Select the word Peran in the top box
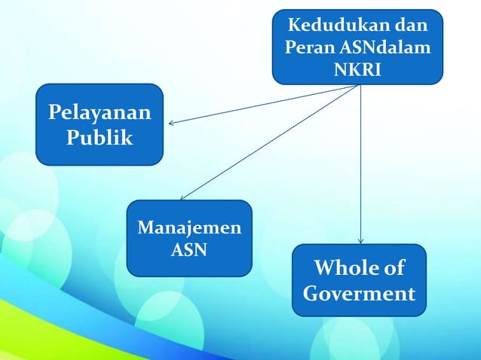(307, 48)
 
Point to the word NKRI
(357, 69)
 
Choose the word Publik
(99, 139)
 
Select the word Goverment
(359, 293)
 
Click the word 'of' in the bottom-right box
(394, 268)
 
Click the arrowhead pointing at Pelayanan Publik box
(171, 124)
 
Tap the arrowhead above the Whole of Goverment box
(361, 240)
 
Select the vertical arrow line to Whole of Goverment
(361, 166)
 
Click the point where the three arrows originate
(360, 85)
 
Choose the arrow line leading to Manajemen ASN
(271, 142)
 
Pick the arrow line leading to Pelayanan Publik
(264, 105)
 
